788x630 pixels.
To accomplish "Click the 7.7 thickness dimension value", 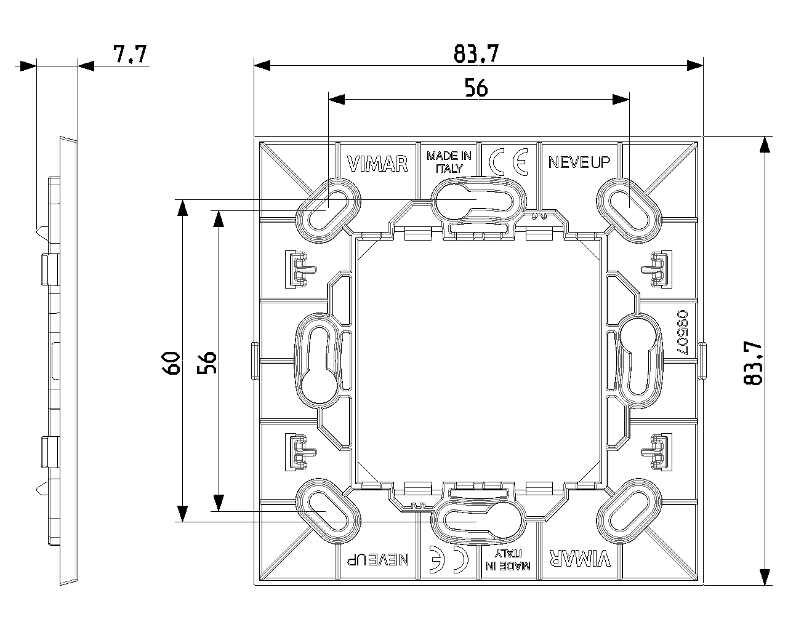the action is click(130, 54).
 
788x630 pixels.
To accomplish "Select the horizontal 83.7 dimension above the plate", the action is click(476, 54).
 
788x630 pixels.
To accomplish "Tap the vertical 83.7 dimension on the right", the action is click(753, 363).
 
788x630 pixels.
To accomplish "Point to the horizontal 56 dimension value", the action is click(476, 88).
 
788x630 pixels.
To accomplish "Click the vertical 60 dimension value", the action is click(171, 363).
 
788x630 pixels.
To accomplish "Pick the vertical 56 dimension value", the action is click(207, 362).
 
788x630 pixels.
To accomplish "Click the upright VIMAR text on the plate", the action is click(377, 164).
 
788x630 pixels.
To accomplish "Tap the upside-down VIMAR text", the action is click(580, 559).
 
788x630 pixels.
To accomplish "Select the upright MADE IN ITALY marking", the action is click(449, 162).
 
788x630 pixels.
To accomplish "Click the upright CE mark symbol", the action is click(509, 162).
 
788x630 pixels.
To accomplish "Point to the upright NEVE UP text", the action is click(579, 162).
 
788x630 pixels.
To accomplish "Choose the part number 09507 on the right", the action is click(683, 332).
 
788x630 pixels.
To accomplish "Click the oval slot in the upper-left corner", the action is click(329, 210).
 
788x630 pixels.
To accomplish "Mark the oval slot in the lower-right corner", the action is click(629, 511).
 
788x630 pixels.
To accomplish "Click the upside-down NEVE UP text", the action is click(378, 559).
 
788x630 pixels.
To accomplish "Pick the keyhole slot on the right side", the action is click(638, 361).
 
